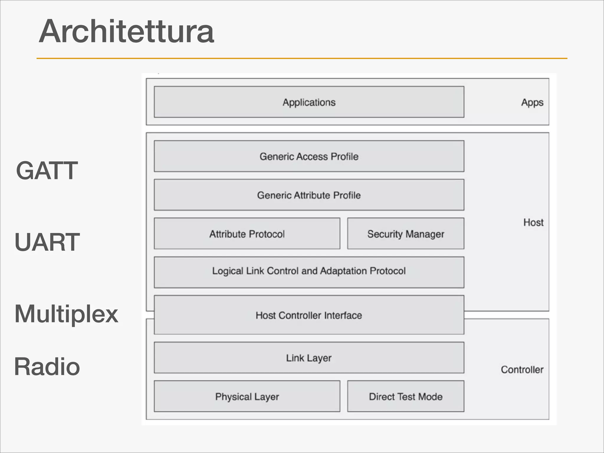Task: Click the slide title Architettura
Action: [126, 31]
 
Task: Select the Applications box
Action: [309, 102]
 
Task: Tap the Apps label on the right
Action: [532, 102]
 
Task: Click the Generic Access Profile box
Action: [309, 156]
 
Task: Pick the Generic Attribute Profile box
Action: [309, 195]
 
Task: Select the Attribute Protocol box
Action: [247, 234]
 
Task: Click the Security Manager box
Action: [406, 234]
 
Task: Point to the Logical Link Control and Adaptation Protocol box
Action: [309, 271]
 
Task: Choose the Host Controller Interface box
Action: [309, 315]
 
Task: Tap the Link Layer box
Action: [309, 358]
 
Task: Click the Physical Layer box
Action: [247, 396]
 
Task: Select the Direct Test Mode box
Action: [406, 396]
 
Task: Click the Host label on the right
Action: [533, 222]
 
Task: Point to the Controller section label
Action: [522, 370]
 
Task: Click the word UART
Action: [47, 242]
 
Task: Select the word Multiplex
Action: [66, 314]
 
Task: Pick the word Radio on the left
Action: [47, 367]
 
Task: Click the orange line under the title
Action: [302, 58]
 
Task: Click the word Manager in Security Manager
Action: [425, 234]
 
